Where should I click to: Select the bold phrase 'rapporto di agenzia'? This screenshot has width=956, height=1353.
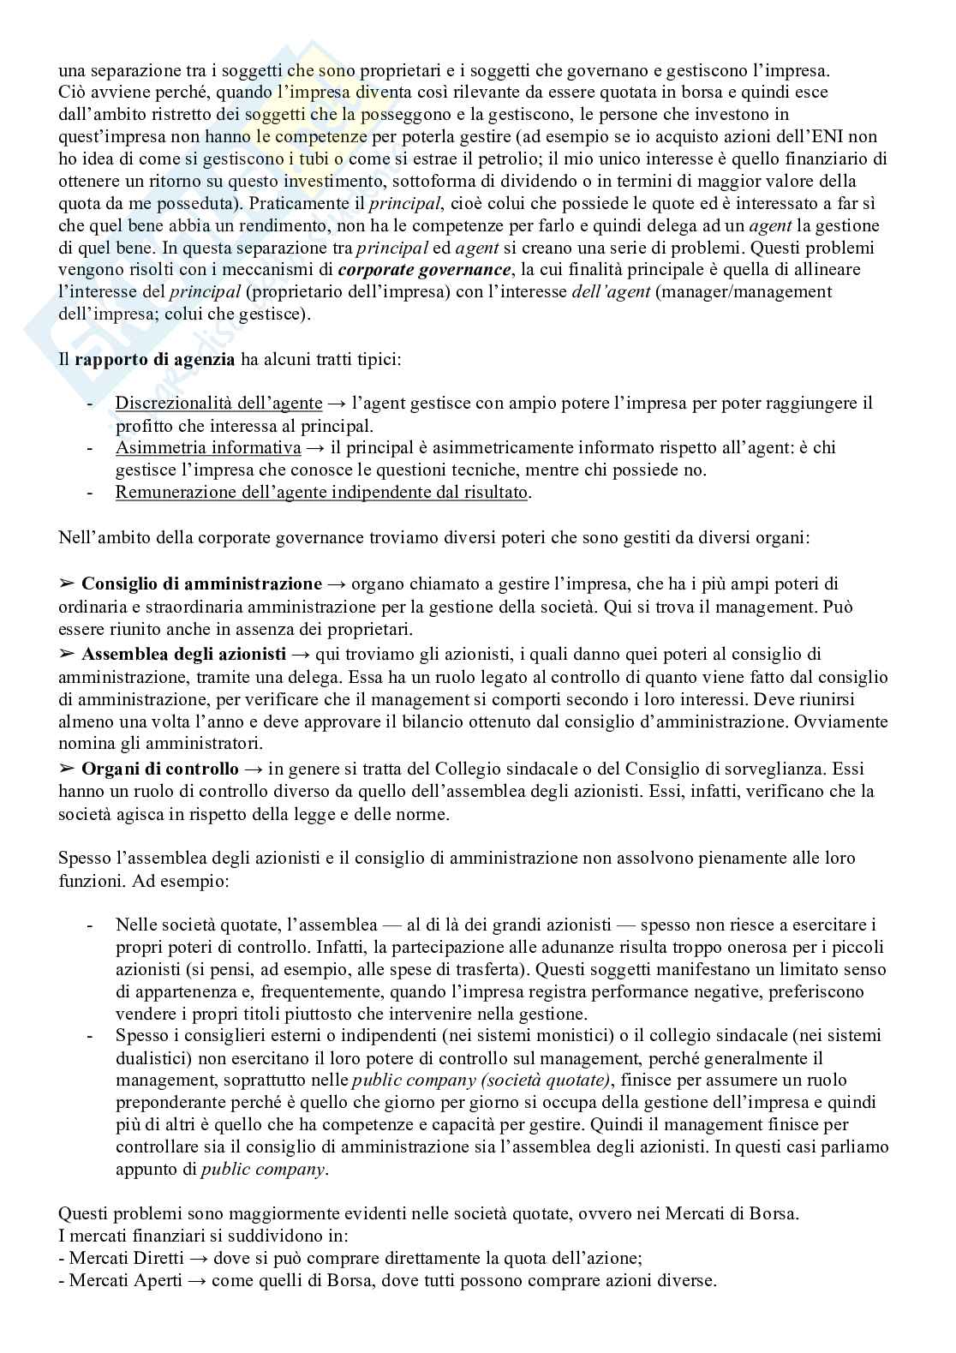pos(154,359)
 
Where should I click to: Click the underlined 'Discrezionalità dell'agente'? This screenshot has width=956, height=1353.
pos(218,404)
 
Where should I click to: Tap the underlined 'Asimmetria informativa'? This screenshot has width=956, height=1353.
pos(208,448)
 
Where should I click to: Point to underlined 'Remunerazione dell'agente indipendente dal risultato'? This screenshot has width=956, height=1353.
pos(322,493)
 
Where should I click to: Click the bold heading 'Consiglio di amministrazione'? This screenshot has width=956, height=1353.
pos(201,584)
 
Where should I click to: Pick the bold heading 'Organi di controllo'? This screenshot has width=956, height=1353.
pos(160,769)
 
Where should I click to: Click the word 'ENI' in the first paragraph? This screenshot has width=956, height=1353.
pos(860,136)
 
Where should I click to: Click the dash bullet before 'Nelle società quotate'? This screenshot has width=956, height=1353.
pos(91,925)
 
